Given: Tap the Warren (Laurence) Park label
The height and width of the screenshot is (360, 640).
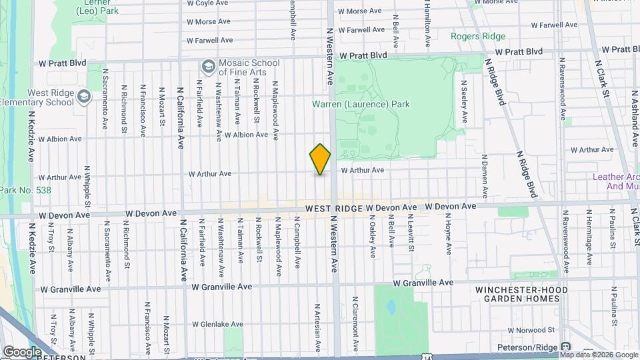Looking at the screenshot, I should coord(361,104).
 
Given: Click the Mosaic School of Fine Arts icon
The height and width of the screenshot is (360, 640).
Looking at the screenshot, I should coord(208,67).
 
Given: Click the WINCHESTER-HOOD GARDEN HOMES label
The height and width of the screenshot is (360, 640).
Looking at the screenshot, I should coord(522,295).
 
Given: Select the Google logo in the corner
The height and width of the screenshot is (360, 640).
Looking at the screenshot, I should coord(22,352).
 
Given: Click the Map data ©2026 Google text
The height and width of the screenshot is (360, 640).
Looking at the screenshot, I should coord(599,355).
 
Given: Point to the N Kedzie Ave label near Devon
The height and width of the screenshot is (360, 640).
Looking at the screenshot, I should coord(31,247).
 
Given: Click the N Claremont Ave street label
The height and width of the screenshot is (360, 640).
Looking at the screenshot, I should coord(355,325).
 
